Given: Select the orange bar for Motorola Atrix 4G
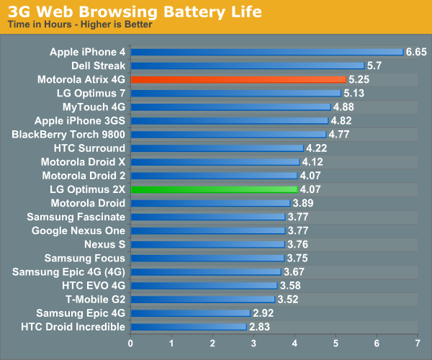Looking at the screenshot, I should pos(238,79).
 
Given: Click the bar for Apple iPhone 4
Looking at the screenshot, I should pos(267,52).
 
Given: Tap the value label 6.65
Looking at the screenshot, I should pos(417,52).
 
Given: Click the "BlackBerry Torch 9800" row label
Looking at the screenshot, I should pos(68,134).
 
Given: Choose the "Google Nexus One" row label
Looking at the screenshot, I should pos(78,230).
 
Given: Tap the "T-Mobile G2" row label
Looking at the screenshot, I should pos(91,300).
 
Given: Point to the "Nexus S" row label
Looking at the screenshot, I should pos(104,244).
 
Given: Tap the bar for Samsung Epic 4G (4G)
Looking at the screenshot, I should pos(206,271).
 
